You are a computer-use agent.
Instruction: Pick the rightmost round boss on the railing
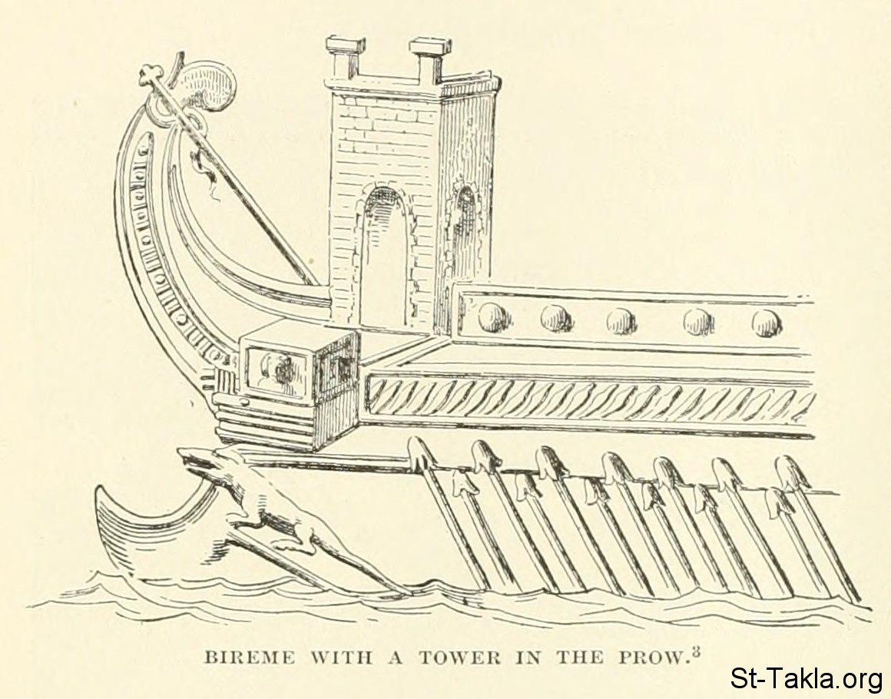tap(766, 323)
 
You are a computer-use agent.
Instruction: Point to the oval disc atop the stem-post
tap(206, 87)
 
